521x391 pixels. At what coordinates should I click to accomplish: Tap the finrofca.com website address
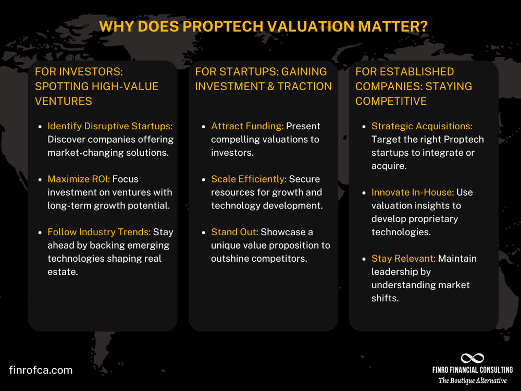tap(41, 370)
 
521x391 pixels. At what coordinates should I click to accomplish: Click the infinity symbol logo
tap(472, 359)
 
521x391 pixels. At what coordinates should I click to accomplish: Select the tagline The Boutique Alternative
tap(472, 381)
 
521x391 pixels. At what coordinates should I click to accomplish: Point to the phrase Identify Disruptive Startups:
tap(110, 126)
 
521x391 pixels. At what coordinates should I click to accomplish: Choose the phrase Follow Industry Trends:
tap(99, 232)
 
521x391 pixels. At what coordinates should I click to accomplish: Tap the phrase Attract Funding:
tap(247, 126)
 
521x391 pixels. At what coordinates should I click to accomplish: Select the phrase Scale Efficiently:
tap(249, 179)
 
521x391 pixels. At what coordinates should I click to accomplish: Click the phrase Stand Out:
tap(234, 232)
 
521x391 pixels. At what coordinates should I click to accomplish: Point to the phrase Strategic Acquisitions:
tap(421, 126)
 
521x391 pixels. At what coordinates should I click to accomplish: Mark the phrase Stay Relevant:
tap(403, 259)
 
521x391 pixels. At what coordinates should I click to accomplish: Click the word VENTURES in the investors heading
tap(64, 101)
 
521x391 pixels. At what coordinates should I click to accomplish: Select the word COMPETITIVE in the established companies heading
tap(391, 101)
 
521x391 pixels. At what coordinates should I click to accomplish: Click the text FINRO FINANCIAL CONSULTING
tap(472, 370)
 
